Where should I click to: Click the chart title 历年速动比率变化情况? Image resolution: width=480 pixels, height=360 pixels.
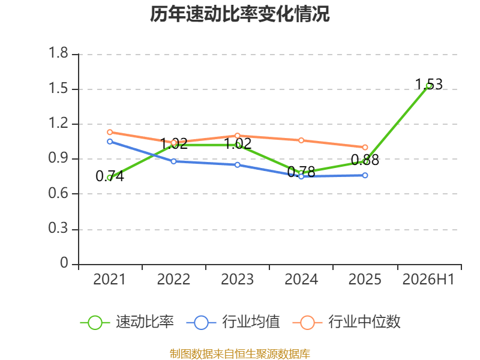tap(239, 14)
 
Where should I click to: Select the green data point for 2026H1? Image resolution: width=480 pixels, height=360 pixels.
tap(429, 86)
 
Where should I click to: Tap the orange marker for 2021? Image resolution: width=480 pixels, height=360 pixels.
tap(110, 132)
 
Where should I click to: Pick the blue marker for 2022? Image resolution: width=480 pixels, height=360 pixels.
tap(173, 161)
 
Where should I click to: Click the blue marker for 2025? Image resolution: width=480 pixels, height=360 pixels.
tap(365, 175)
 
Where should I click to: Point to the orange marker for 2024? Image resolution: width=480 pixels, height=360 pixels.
tap(301, 140)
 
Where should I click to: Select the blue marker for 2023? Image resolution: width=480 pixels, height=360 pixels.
tap(238, 165)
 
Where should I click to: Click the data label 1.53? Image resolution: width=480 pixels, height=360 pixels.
tap(429, 84)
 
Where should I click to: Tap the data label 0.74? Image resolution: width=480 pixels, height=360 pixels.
tap(110, 176)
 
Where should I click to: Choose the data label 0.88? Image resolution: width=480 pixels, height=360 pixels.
tap(365, 160)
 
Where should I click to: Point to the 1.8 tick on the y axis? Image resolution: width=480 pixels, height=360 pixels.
tap(58, 53)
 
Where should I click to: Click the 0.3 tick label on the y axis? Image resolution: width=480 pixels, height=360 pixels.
tap(58, 229)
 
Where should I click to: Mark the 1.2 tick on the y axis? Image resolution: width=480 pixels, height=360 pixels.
tap(58, 123)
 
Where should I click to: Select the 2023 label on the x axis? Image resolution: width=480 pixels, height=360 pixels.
tap(238, 280)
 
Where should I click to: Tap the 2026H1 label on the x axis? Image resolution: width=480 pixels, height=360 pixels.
tap(428, 280)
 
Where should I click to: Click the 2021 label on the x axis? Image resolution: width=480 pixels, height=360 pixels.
tap(110, 280)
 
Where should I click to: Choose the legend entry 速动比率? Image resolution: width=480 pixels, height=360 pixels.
tap(127, 322)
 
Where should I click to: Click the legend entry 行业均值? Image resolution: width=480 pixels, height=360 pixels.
tap(233, 322)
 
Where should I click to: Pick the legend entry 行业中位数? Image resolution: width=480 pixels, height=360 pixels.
tap(347, 322)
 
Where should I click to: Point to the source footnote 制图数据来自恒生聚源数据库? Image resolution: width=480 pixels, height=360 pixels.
tap(240, 354)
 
